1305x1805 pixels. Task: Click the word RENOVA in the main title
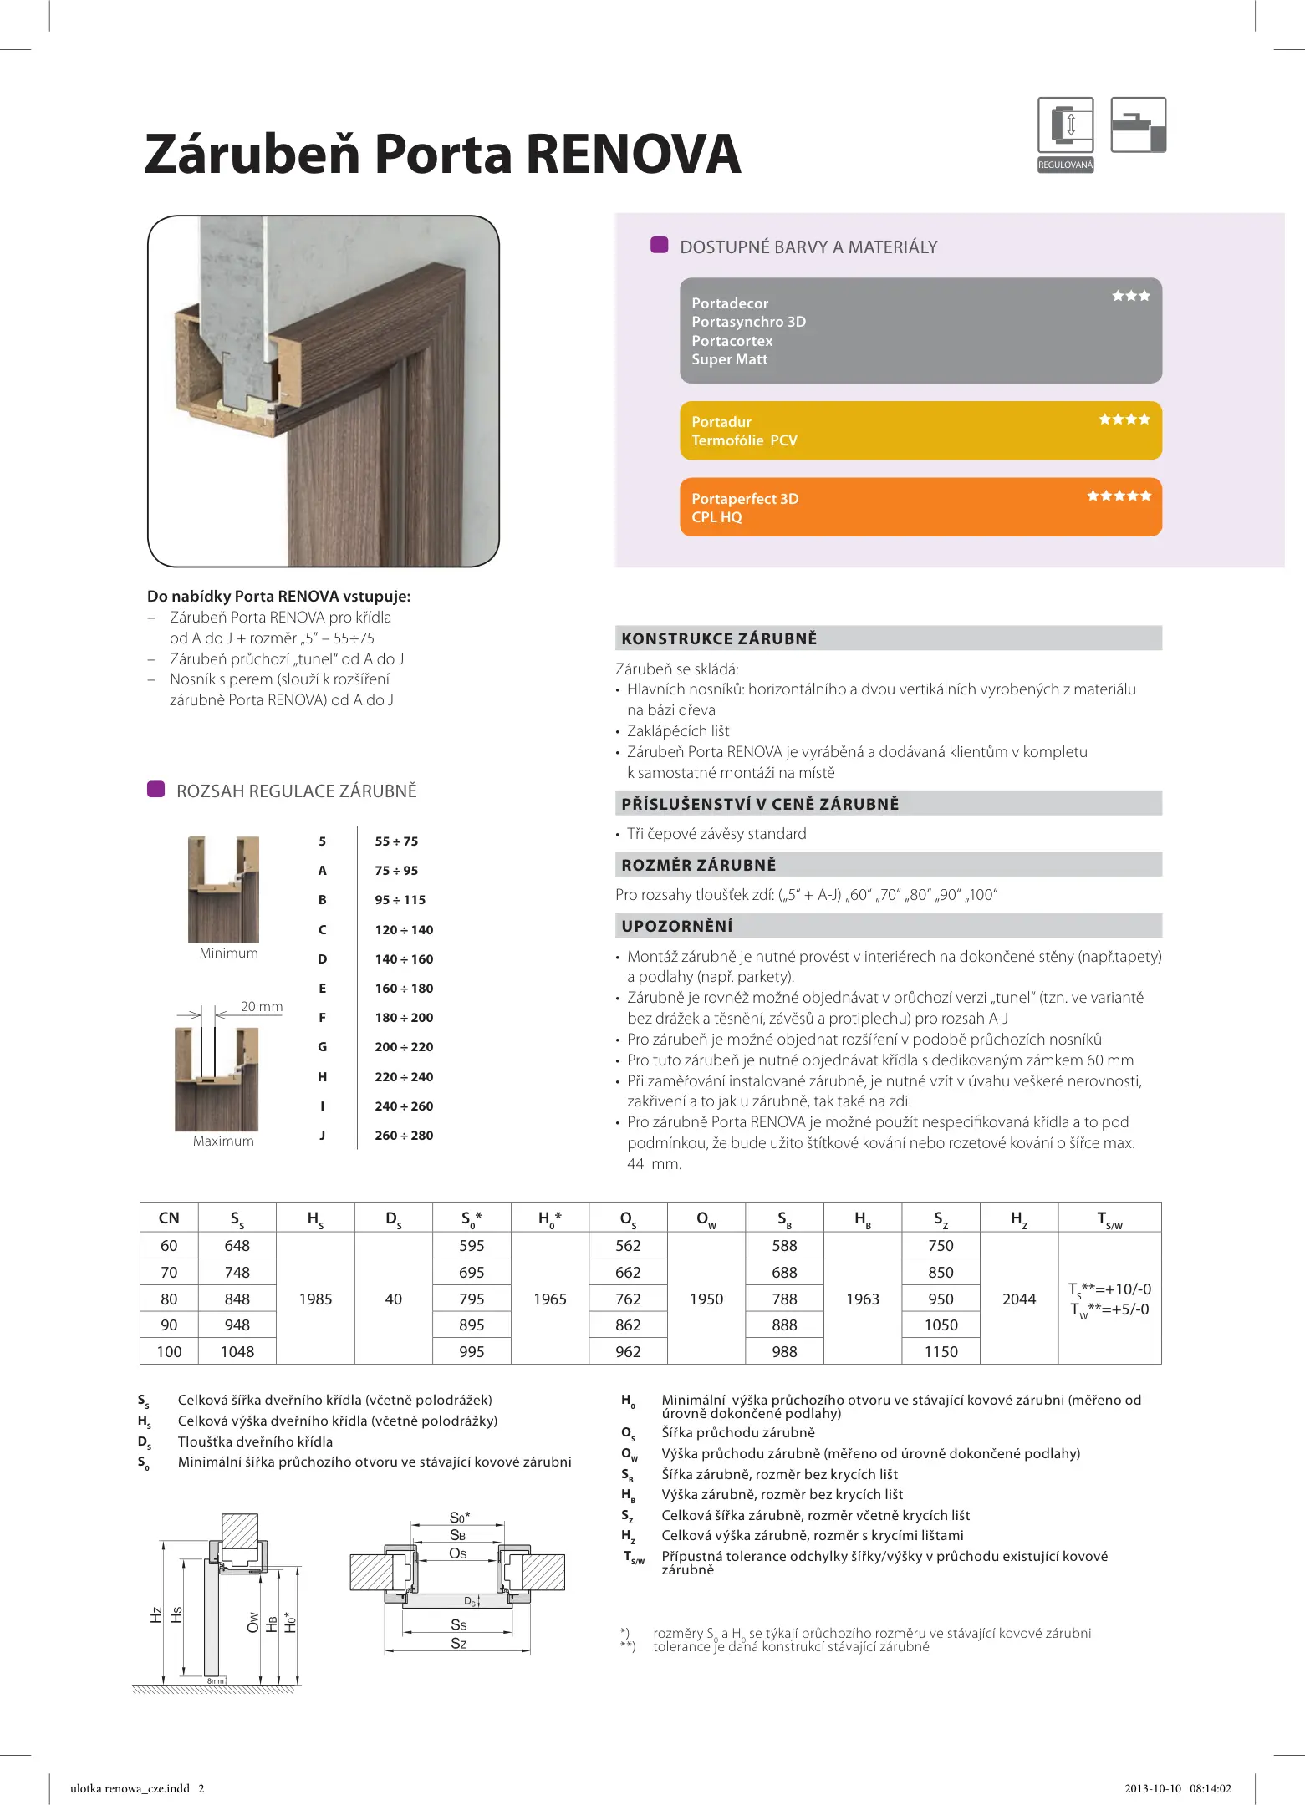pos(633,155)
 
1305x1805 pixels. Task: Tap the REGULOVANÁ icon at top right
pos(1065,134)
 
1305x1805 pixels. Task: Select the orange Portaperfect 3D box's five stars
pos(1119,496)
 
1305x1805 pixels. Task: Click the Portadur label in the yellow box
pos(721,422)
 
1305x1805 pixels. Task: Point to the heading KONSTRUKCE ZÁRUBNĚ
pos(719,639)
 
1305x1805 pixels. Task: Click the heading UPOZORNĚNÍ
pos(676,926)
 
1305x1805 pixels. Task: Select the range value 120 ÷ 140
pos(404,930)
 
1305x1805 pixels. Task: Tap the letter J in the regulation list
pos(322,1136)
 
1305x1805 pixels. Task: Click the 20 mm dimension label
pos(262,1007)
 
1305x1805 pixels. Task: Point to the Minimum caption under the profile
pos(228,953)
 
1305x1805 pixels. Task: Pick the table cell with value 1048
pos(237,1351)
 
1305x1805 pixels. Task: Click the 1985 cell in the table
pos(315,1299)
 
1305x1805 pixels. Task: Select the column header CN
pos(169,1218)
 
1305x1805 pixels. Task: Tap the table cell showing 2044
pos(1018,1299)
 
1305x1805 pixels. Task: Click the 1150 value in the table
pos(941,1351)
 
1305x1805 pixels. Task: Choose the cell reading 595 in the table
pos(472,1246)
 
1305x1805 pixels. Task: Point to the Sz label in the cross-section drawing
pos(458,1644)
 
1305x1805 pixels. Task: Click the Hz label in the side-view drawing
pos(156,1615)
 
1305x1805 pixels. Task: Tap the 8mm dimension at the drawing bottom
pos(215,1680)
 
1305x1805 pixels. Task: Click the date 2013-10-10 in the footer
pos(1153,1789)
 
